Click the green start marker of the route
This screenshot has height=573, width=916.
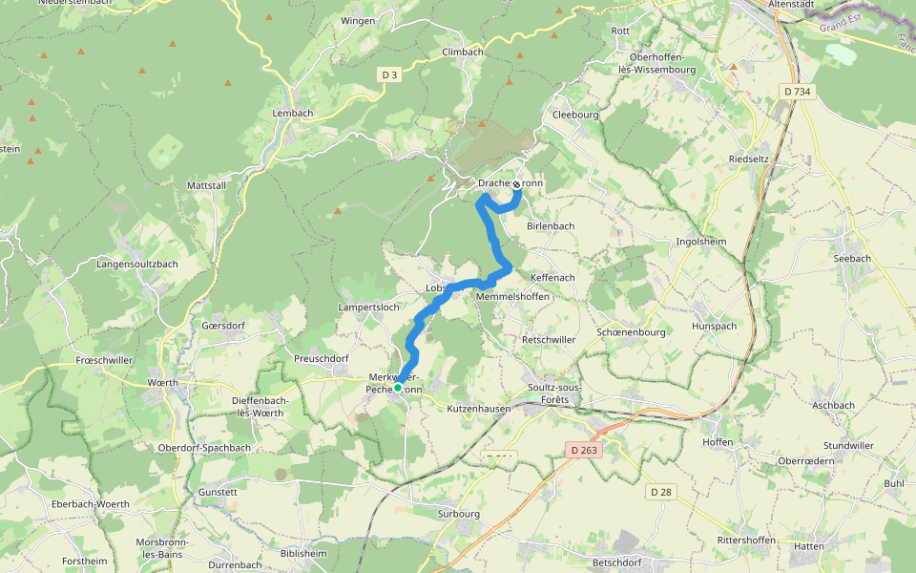coord(397,388)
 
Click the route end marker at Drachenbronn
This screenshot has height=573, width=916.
coord(516,184)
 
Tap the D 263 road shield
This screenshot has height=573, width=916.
coord(585,449)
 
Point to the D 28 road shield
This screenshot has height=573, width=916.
coord(660,492)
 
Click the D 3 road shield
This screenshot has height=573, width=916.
coord(388,74)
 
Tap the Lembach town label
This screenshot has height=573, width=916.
coord(292,114)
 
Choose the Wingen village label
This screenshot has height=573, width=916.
coord(358,20)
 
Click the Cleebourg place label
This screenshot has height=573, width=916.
coord(575,115)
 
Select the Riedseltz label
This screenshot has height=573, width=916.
coord(748,159)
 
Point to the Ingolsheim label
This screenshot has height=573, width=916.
coord(700,242)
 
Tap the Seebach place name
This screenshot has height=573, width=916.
coord(852,258)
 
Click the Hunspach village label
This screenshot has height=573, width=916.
coord(715,326)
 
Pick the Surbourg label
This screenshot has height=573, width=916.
coord(458,513)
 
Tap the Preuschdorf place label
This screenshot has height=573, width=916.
coord(322,358)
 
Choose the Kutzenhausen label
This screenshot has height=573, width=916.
coord(479,408)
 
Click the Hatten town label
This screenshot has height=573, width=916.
coord(808,546)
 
